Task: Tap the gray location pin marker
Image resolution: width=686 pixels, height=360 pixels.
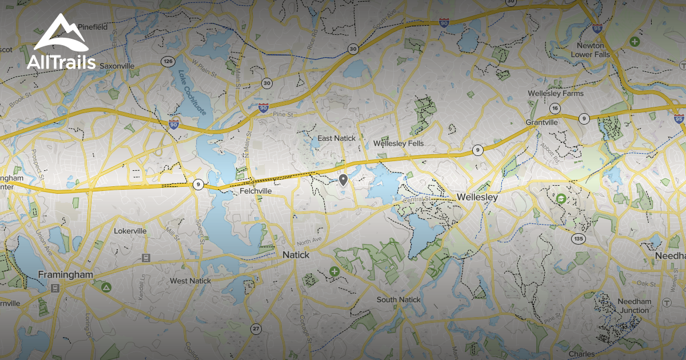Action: click(x=343, y=181)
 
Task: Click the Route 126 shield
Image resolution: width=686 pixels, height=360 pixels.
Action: click(x=167, y=61)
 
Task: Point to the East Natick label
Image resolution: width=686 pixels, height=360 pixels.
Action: click(x=337, y=138)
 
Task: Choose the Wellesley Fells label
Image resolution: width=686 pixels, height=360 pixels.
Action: click(x=398, y=143)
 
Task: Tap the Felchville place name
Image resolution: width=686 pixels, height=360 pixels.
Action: click(x=255, y=190)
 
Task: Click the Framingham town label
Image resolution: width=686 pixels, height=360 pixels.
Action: click(x=65, y=275)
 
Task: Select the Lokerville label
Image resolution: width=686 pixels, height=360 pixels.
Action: click(x=130, y=231)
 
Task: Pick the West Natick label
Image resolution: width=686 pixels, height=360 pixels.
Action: click(x=190, y=281)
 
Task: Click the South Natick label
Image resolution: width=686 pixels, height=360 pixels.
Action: click(x=398, y=300)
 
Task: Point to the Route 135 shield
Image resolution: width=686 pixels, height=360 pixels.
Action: click(x=579, y=238)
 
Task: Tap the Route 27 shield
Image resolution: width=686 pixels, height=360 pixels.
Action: click(x=256, y=329)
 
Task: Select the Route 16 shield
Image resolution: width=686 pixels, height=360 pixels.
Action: click(x=555, y=109)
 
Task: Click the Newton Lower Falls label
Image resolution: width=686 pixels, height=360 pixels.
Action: click(x=591, y=50)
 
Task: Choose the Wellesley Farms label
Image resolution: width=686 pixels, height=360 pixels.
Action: click(x=556, y=93)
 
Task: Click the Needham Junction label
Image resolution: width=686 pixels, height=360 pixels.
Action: click(x=633, y=306)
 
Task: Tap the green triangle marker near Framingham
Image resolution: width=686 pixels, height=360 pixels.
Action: click(x=106, y=287)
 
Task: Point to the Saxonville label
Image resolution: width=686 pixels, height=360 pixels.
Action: click(x=117, y=66)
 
